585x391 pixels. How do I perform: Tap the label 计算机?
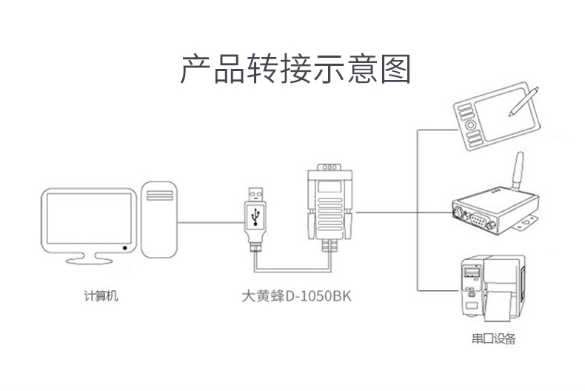pos(101,296)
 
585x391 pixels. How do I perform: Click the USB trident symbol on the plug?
pos(256,215)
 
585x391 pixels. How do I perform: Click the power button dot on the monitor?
pos(125,247)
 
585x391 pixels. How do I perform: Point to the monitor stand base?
pos(88,260)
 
